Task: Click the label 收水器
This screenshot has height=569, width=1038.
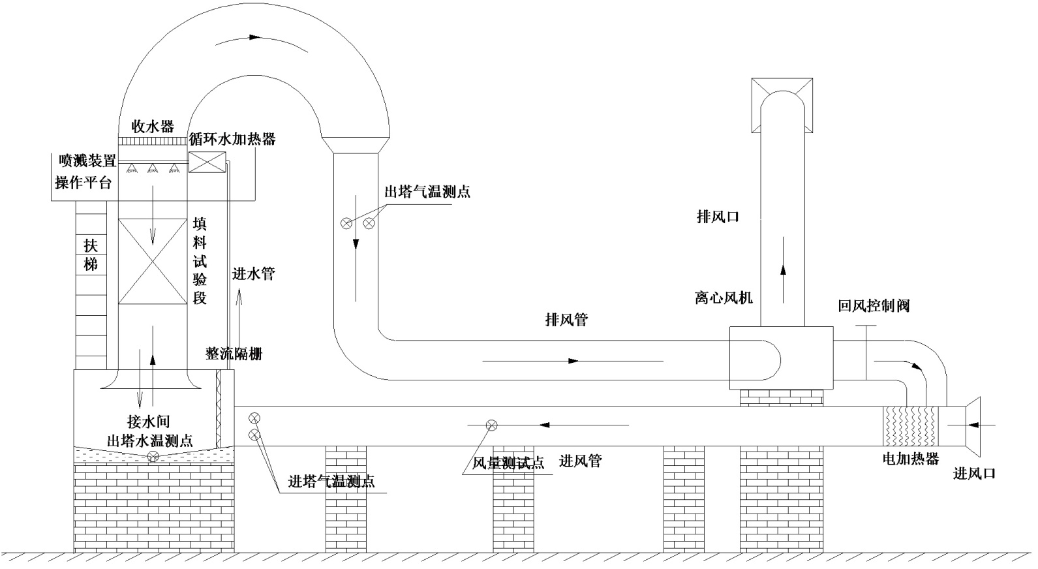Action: [x=153, y=126]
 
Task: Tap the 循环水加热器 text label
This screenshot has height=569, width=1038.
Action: [x=232, y=139]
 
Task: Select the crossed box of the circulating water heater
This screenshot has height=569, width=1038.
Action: [x=206, y=162]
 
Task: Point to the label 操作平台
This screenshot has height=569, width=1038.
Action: [x=83, y=183]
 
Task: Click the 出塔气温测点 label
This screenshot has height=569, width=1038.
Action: [x=427, y=192]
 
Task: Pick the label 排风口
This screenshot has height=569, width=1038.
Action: [x=718, y=217]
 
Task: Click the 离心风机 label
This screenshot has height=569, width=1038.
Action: [x=724, y=298]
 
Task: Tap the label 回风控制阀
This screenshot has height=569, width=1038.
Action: [x=874, y=305]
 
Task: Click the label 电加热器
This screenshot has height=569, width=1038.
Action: [x=911, y=459]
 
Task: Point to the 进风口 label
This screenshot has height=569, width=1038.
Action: [x=975, y=474]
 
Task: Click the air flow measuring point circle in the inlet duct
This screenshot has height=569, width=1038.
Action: [x=491, y=425]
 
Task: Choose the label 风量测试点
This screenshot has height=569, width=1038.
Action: [x=508, y=463]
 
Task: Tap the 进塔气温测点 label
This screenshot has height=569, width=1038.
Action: [x=331, y=482]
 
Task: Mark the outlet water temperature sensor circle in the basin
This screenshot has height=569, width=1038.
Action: [x=153, y=457]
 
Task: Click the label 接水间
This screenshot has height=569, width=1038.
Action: [x=149, y=422]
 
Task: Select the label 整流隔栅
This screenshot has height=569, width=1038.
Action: [x=234, y=354]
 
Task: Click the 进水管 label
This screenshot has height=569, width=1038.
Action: [x=253, y=274]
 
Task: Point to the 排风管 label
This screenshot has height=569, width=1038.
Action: [x=566, y=320]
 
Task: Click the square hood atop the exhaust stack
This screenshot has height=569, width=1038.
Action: [x=782, y=104]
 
